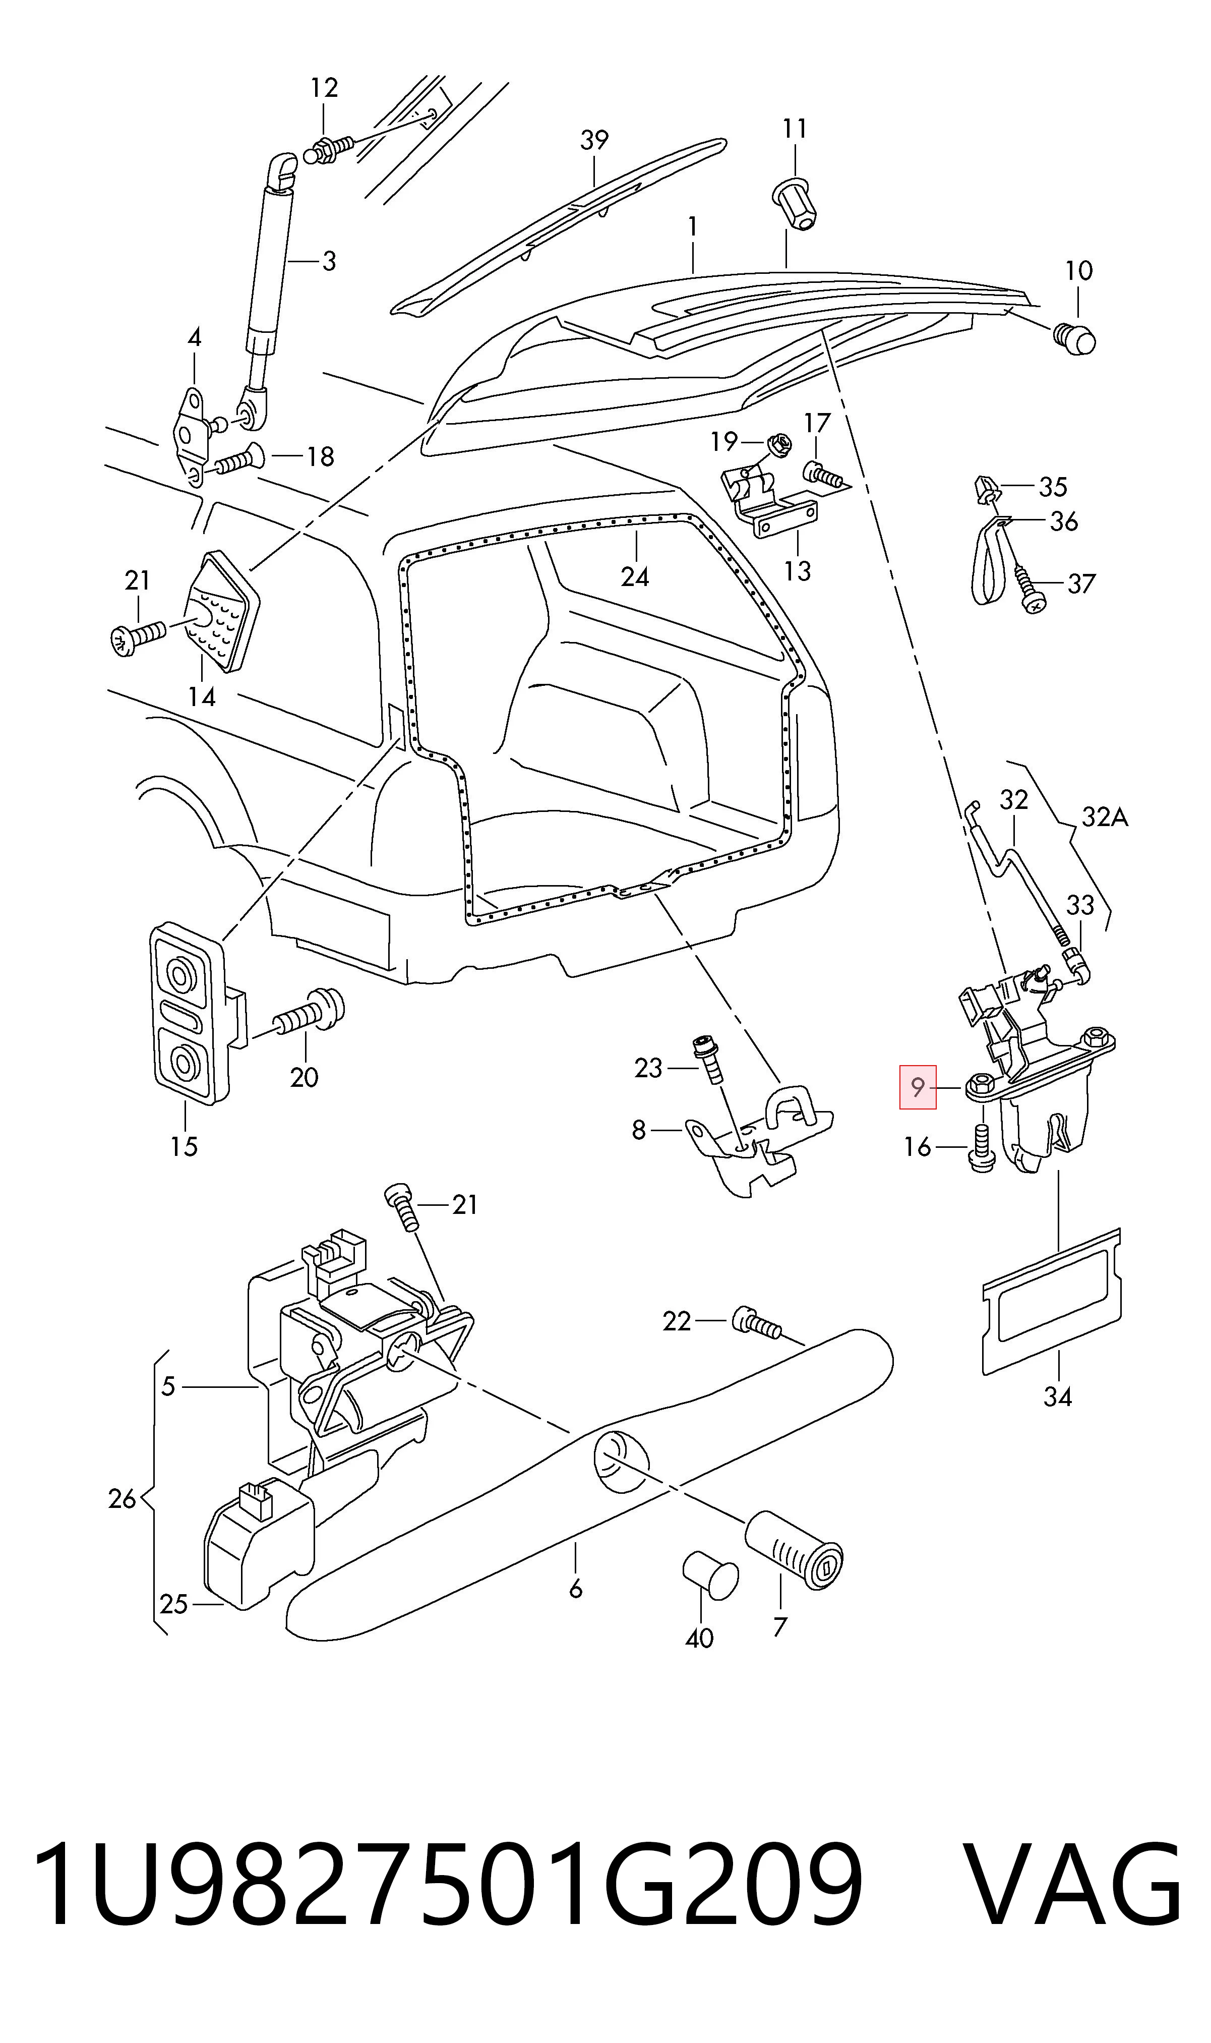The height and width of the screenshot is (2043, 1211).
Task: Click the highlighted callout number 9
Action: (x=918, y=1087)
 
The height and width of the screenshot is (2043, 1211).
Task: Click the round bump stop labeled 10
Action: (x=1074, y=338)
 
